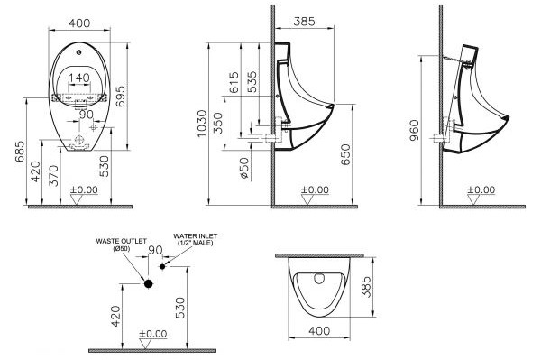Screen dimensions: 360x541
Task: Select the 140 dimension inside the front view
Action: click(80, 78)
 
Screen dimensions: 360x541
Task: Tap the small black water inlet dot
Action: click(163, 267)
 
